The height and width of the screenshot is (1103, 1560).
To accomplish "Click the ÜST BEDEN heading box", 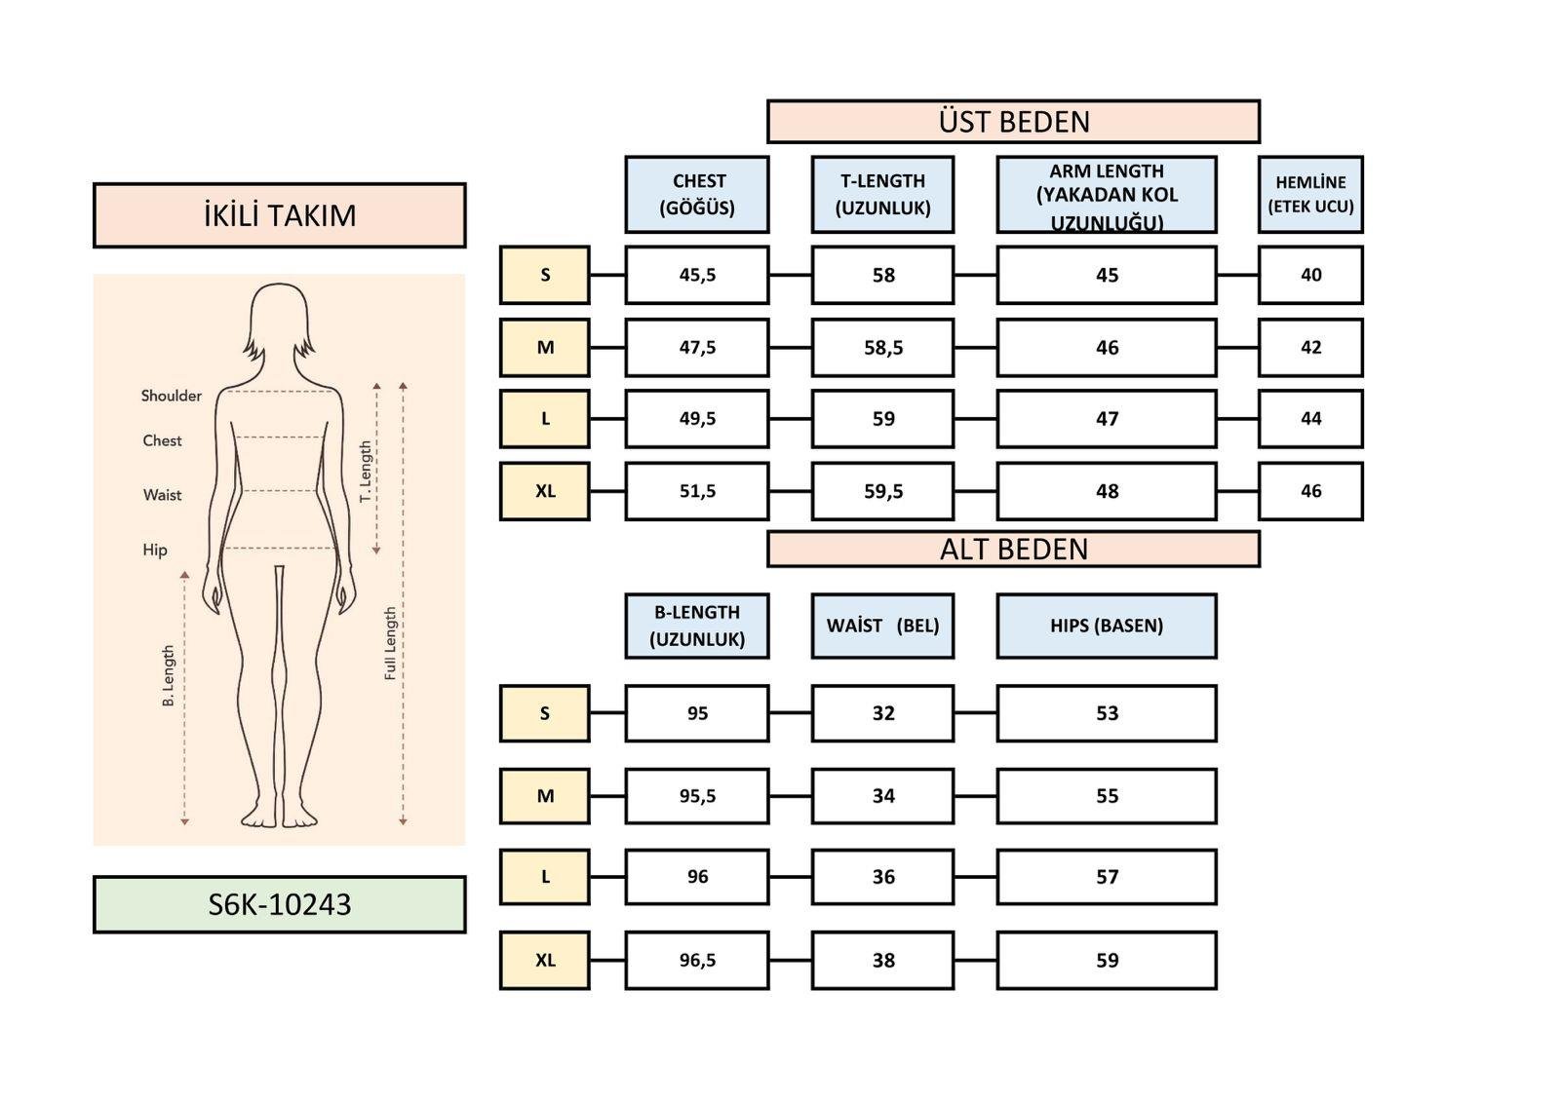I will tap(1013, 122).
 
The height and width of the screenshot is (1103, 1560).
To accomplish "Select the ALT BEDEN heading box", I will tap(1013, 550).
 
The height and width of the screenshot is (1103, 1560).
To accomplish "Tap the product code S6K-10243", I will tap(279, 904).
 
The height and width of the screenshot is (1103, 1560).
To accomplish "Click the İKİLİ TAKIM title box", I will tap(279, 215).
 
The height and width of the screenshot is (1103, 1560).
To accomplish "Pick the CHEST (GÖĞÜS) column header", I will tap(697, 194).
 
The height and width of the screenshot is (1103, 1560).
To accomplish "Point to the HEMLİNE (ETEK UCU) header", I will tap(1310, 194).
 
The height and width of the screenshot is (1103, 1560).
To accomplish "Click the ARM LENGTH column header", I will tap(1107, 195).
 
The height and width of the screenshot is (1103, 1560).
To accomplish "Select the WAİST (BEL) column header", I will tap(882, 626).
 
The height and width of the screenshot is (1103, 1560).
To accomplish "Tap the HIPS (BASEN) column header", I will tap(1107, 626).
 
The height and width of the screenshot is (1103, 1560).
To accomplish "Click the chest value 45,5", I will tap(697, 275).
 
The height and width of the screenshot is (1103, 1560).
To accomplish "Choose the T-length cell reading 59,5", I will tap(882, 491).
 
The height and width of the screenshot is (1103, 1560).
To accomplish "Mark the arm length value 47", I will tap(1107, 419).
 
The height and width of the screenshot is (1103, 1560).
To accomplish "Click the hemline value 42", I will tap(1310, 347).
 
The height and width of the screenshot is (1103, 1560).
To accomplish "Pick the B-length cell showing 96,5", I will tap(697, 960).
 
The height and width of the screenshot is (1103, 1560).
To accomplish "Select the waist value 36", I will tap(882, 877).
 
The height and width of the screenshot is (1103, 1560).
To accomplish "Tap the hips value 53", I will tap(1107, 713).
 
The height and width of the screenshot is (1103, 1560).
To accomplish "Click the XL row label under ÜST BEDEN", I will tap(545, 491).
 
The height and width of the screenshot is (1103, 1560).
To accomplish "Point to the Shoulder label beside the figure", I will tap(172, 396).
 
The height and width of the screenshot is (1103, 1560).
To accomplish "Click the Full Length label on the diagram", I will tap(390, 643).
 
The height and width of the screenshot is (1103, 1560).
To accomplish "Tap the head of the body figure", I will tap(280, 317).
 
